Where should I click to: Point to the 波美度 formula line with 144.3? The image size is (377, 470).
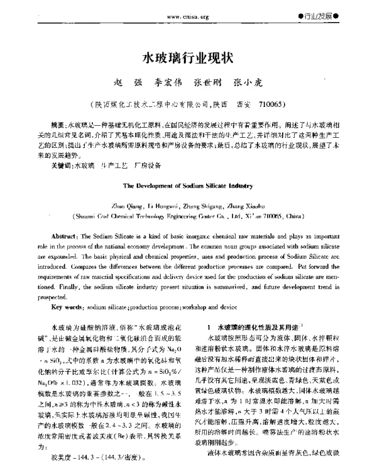(x=101, y=458)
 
